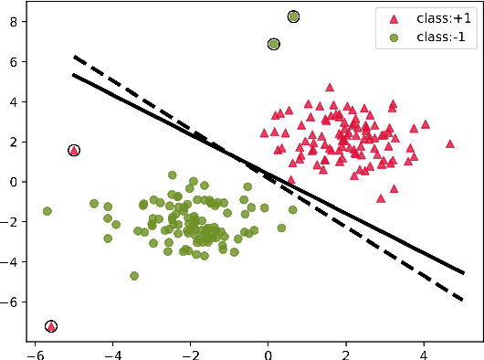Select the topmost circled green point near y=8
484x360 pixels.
(x=293, y=16)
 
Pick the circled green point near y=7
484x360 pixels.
(x=274, y=44)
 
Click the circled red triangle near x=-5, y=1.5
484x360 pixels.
(x=74, y=151)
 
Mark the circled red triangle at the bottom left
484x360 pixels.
(x=51, y=326)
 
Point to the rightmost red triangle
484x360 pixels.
(x=449, y=143)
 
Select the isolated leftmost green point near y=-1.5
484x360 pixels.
(x=47, y=211)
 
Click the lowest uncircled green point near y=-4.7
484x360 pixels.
(x=134, y=275)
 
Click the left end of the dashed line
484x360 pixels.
(x=75, y=57)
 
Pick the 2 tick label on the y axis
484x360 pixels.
(x=15, y=142)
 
